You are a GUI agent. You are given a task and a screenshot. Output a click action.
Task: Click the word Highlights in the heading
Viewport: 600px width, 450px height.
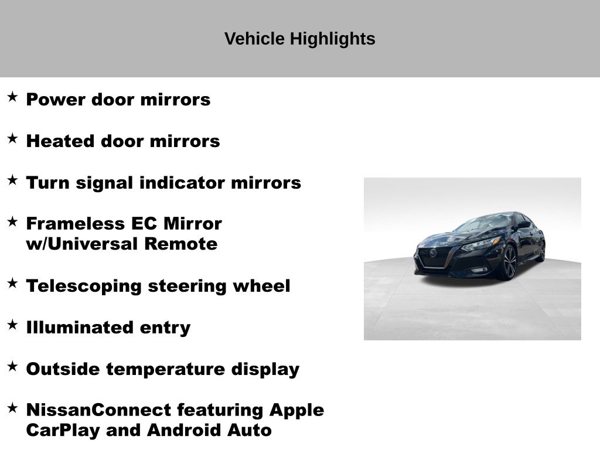click(332, 39)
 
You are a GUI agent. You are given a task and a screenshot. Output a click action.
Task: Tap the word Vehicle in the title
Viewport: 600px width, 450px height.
click(254, 39)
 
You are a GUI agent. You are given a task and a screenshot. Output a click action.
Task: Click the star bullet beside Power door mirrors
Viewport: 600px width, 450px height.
click(12, 97)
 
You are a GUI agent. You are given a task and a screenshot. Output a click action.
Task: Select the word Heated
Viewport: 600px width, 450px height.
click(60, 141)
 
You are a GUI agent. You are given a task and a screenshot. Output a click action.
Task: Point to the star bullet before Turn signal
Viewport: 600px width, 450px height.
click(12, 180)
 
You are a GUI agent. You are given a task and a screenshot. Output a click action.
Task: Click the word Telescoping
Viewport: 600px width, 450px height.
click(84, 287)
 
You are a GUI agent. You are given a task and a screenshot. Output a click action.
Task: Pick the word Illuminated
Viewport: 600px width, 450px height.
click(80, 327)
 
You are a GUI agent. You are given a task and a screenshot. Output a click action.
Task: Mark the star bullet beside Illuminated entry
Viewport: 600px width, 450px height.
click(12, 325)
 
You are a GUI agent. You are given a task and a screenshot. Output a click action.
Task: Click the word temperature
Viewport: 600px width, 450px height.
click(166, 370)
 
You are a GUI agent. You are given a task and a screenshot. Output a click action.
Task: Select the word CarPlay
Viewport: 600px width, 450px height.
click(63, 431)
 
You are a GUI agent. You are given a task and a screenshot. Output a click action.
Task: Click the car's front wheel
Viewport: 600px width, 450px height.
click(509, 263)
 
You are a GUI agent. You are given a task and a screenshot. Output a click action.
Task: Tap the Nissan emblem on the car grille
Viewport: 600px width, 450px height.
click(433, 253)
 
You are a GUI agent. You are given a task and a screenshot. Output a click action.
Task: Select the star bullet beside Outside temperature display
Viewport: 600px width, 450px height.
click(12, 367)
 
